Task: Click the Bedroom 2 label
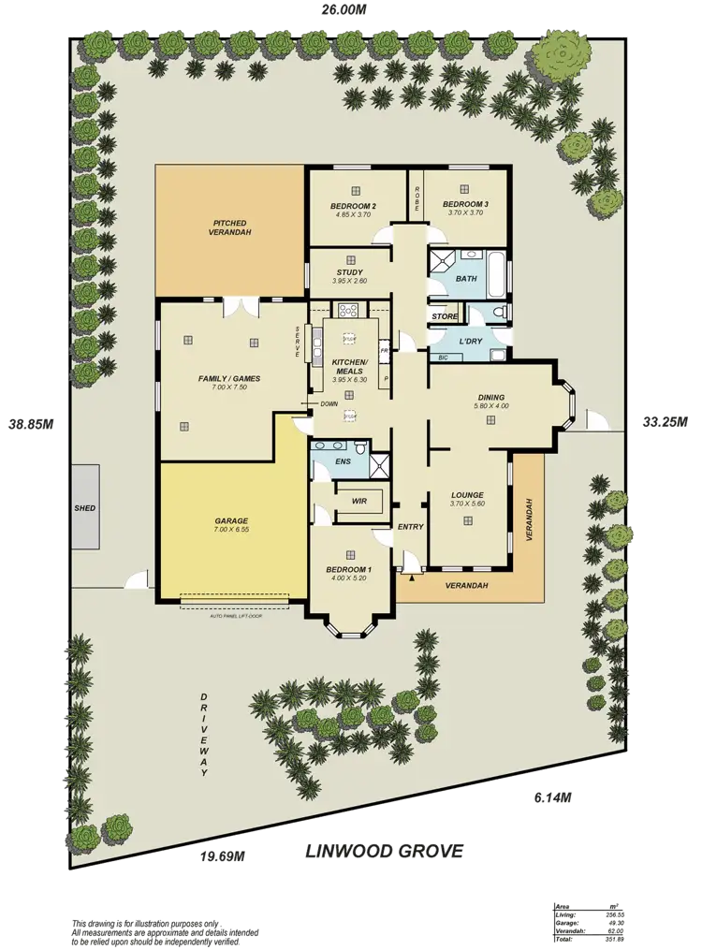[x=353, y=206]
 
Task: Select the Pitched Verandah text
[x=231, y=227]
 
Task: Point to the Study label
[x=350, y=272]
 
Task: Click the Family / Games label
[x=228, y=379]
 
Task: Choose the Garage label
[x=230, y=520]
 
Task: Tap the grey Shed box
[x=85, y=508]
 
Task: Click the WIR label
[x=358, y=502]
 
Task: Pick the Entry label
[x=410, y=526]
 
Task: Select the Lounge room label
[x=466, y=495]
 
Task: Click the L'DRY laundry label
[x=471, y=341]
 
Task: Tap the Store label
[x=445, y=317]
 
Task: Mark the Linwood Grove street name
[x=384, y=852]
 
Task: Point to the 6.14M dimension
[x=552, y=797]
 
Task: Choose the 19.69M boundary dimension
[x=223, y=855]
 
